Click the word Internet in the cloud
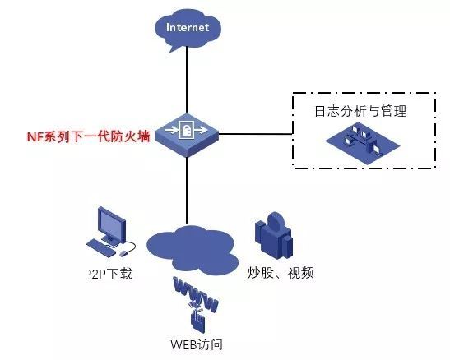tap(188, 27)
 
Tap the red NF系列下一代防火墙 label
tap(88, 136)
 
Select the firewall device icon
tap(187, 135)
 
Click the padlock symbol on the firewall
tap(187, 130)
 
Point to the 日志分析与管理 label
tap(360, 111)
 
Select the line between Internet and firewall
tap(187, 80)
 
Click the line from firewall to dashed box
tap(256, 134)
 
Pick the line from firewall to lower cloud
tap(187, 191)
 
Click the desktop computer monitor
tap(112, 226)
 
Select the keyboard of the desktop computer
tap(101, 248)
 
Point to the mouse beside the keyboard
tap(123, 253)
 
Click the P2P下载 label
tap(109, 274)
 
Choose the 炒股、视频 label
tap(281, 273)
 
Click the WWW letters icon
tap(195, 294)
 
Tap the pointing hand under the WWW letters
tap(198, 319)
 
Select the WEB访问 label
tap(197, 344)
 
